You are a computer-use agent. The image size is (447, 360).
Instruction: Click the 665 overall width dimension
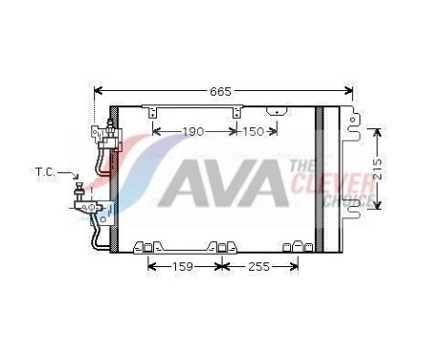222,92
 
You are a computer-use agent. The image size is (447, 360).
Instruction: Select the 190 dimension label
194,131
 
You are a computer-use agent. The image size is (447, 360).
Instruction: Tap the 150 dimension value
253,131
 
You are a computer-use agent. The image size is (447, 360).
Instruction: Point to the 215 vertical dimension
380,168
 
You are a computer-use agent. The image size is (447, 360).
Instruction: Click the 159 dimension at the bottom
182,266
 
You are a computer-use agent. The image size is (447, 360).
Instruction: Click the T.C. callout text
45,172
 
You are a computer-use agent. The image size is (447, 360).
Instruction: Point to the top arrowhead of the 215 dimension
380,129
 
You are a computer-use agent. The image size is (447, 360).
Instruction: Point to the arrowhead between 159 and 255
220,266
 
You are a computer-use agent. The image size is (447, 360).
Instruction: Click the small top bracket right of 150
278,111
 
